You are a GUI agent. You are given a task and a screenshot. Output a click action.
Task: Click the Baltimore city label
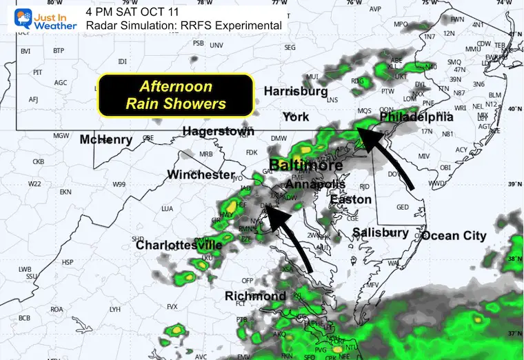point(305,166)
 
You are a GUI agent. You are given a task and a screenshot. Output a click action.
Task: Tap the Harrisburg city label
point(295,91)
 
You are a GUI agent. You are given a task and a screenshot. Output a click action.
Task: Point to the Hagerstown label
point(218,131)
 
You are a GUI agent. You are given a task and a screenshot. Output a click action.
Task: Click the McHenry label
point(105,140)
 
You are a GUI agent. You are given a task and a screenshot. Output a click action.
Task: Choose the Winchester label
point(201,175)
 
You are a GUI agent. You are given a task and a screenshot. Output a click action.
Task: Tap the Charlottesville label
point(179,245)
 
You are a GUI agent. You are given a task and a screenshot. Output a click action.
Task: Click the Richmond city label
point(255,296)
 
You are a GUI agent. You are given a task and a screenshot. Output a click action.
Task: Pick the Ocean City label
point(454,236)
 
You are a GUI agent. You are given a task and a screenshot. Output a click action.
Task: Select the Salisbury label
point(380,232)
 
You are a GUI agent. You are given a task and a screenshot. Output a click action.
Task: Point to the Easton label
point(351,200)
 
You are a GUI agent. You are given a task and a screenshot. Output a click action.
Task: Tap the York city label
point(296,117)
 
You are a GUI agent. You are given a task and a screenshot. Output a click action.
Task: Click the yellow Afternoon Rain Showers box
point(176,96)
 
